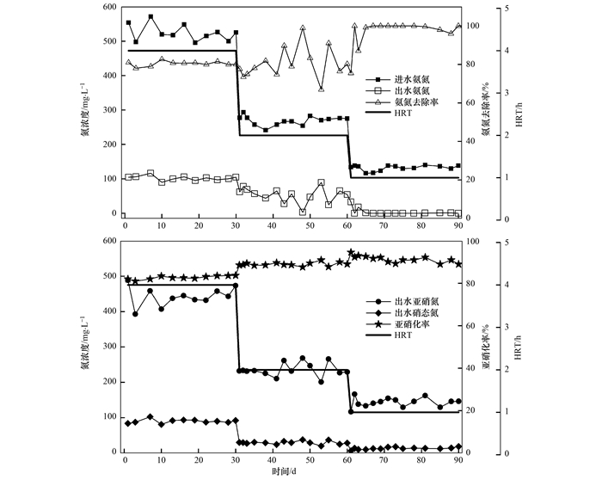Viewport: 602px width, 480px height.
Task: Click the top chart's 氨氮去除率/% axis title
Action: point(485,111)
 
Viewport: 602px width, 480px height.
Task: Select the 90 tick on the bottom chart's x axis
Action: point(458,463)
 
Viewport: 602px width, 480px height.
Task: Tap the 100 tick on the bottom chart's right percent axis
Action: point(473,243)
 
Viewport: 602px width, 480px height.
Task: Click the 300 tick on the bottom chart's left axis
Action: point(108,347)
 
